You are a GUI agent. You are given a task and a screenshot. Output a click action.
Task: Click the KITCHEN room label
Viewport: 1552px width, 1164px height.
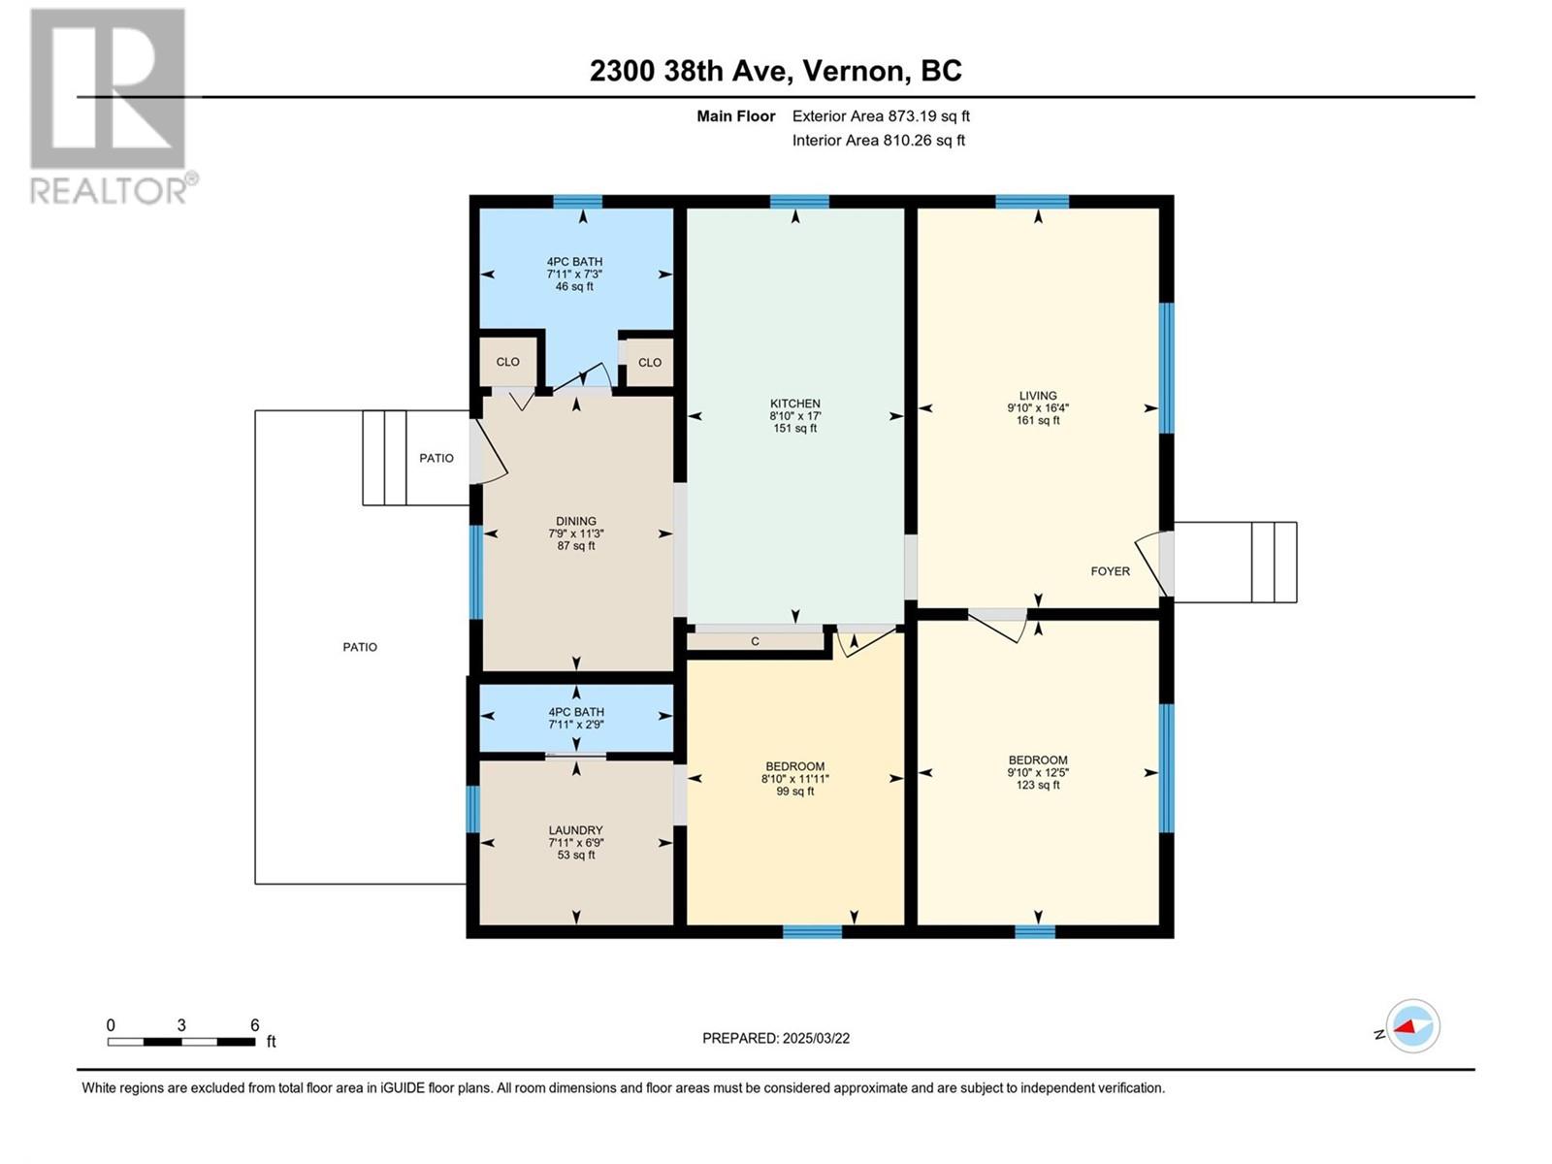click(x=794, y=404)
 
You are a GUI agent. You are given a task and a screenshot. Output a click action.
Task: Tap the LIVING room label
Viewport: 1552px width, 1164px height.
click(x=1037, y=396)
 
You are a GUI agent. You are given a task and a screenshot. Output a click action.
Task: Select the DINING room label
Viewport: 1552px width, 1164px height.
click(x=575, y=522)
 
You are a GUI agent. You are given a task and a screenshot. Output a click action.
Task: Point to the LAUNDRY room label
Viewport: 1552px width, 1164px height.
click(x=575, y=830)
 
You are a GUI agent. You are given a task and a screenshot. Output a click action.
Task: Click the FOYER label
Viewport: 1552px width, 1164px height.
click(x=1110, y=571)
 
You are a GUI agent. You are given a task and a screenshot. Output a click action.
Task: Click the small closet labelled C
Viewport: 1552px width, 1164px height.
click(x=755, y=641)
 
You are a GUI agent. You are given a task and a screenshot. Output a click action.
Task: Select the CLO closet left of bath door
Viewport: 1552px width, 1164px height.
click(x=507, y=362)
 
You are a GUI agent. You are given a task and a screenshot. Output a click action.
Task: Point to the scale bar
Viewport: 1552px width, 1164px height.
click(x=181, y=1042)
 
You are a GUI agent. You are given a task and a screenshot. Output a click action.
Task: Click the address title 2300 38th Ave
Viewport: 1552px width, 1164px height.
click(x=776, y=71)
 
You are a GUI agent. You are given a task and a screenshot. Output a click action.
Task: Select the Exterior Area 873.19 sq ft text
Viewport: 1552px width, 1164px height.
click(x=881, y=115)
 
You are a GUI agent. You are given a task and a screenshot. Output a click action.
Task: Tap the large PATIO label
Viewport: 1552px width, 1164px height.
click(x=360, y=647)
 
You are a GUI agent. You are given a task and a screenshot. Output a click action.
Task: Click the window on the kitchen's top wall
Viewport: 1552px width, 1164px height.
click(x=799, y=202)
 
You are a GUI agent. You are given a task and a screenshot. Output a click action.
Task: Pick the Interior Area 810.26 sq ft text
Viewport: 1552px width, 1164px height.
click(x=878, y=140)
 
